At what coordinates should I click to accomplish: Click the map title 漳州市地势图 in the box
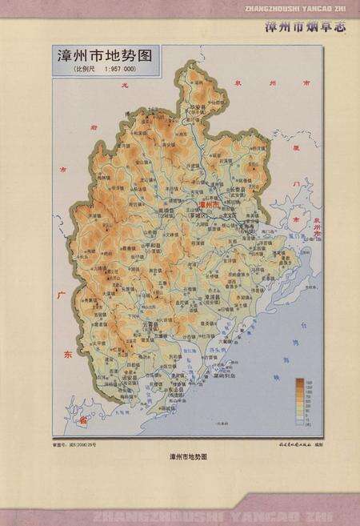tap(106, 58)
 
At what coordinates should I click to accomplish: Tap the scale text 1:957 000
tap(126, 70)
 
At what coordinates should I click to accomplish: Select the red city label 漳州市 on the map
tap(211, 204)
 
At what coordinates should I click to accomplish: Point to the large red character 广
tap(59, 297)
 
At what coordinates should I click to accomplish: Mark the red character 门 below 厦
tap(297, 186)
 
